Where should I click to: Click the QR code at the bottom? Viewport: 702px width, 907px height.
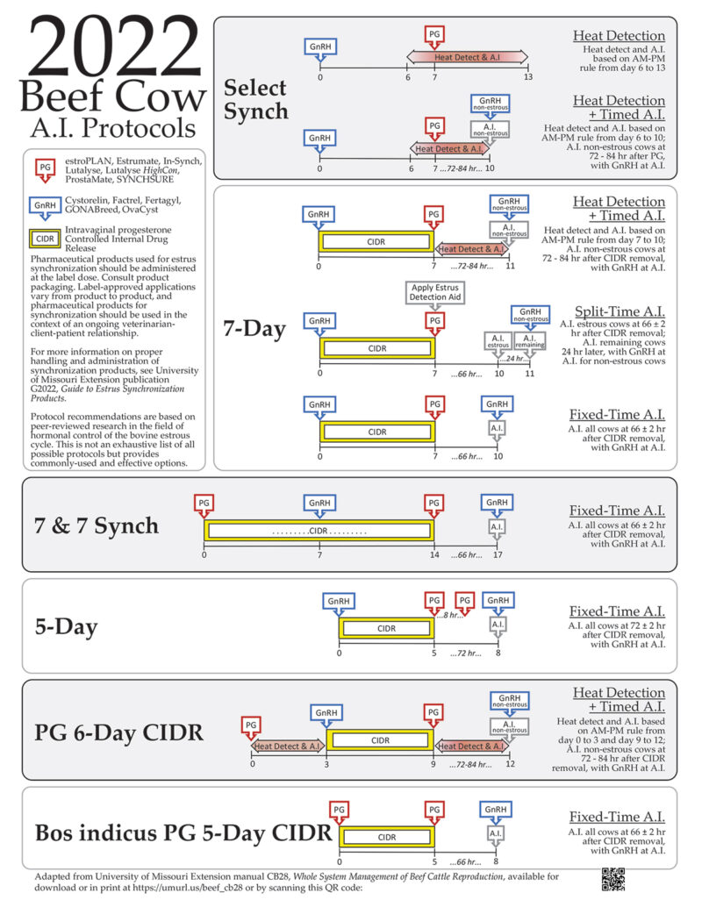point(612,879)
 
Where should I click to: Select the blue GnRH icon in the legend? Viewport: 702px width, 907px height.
point(44,204)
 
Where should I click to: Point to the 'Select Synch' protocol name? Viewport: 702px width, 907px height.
point(254,99)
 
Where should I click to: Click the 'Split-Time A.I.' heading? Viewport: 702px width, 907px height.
point(618,312)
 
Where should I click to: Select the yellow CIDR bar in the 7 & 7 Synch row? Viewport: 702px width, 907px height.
point(319,531)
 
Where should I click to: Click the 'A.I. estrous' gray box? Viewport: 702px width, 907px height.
point(498,343)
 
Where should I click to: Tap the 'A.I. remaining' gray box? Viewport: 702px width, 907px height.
point(529,343)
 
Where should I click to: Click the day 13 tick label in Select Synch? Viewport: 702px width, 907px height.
point(527,77)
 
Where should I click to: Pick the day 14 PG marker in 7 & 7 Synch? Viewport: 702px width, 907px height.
point(433,504)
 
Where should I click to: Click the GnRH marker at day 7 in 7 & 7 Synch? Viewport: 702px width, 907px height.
point(320,504)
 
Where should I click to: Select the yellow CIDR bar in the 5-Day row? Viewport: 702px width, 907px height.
point(387,629)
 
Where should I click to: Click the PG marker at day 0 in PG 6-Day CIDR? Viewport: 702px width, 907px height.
point(252,725)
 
